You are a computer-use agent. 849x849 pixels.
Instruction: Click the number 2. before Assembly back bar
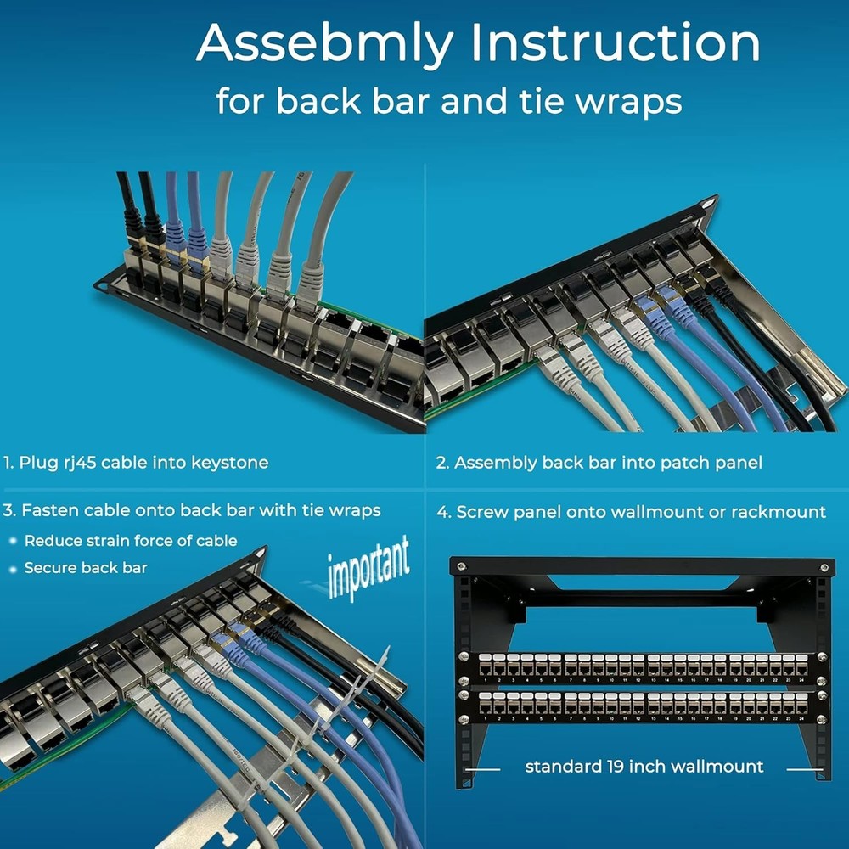click(441, 463)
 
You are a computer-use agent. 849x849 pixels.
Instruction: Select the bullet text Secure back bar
click(86, 567)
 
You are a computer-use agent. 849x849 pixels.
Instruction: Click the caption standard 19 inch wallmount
click(644, 767)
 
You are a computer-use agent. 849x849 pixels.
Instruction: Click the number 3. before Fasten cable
click(9, 510)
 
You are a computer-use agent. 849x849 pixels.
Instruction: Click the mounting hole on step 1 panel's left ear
click(105, 282)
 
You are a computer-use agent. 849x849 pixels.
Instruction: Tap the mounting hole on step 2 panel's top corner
click(704, 204)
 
